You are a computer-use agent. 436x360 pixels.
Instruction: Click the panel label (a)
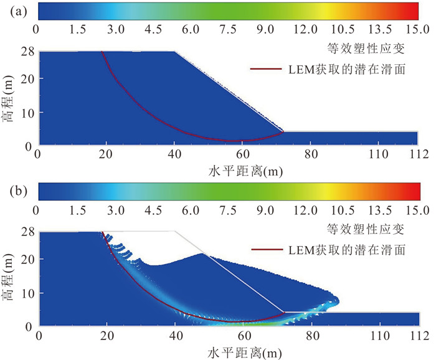click(x=14, y=11)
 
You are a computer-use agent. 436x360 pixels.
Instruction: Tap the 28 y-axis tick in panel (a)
click(x=28, y=52)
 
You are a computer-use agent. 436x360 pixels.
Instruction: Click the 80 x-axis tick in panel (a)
click(x=309, y=154)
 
